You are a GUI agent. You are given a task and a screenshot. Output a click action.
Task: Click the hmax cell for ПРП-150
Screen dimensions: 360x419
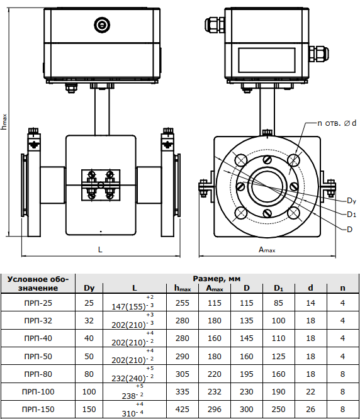coord(183,409)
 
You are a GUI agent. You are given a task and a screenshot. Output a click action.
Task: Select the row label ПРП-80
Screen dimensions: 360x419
coord(38,374)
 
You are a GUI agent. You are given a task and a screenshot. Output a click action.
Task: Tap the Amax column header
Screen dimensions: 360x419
coord(215,288)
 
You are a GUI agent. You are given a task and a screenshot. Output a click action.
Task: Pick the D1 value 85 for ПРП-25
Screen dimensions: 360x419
coord(278,303)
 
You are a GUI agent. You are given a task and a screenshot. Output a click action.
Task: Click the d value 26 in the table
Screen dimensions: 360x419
coord(310,409)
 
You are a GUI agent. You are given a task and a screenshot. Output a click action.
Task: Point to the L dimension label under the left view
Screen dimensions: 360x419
coord(100,250)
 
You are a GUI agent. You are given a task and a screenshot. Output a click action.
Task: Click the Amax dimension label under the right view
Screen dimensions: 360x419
coord(267,250)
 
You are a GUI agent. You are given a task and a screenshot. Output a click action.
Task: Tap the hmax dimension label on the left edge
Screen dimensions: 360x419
coord(4,122)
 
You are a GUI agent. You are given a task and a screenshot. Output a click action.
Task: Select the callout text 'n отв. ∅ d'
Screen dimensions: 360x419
coord(337,123)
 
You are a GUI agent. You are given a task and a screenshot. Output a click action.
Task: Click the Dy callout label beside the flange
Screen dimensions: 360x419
coord(351,201)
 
